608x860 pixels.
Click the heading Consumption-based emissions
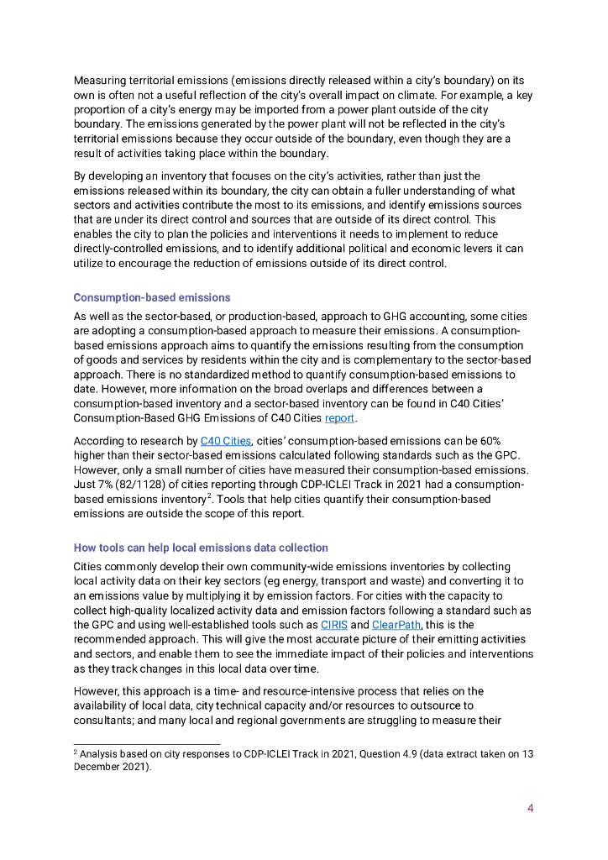pyautogui.click(x=151, y=297)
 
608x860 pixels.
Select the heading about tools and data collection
pyautogui.click(x=201, y=548)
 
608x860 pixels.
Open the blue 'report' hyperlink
pyautogui.click(x=339, y=417)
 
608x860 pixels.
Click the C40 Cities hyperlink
pyautogui.click(x=225, y=441)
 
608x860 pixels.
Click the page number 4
pyautogui.click(x=531, y=809)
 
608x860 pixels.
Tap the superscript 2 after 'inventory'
pyautogui.click(x=221, y=496)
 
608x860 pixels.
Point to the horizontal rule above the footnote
pyautogui.click(x=147, y=743)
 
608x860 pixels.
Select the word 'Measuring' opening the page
pyautogui.click(x=100, y=80)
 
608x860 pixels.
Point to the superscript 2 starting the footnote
pyautogui.click(x=76, y=752)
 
